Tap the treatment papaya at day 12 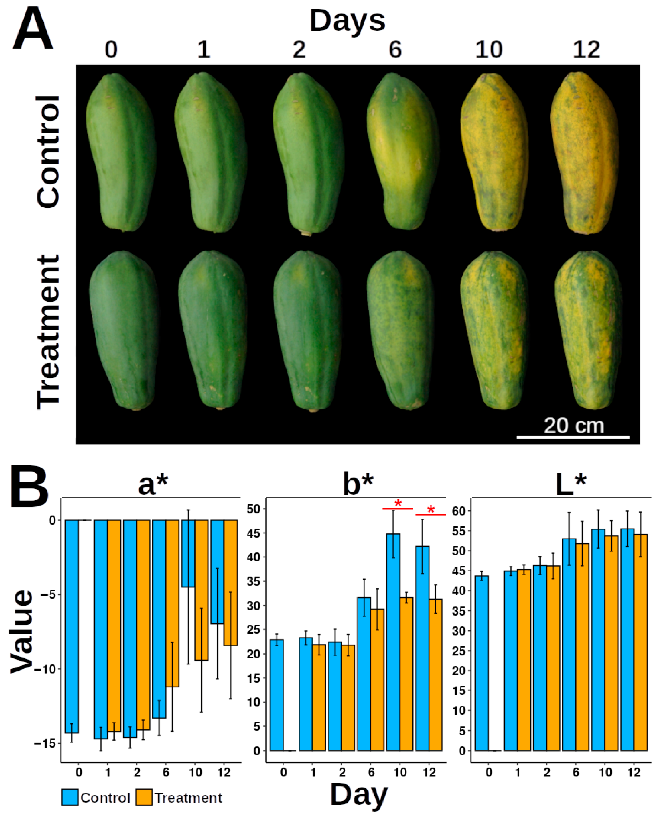(588, 331)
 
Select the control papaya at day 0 (121, 152)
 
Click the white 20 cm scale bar (573, 437)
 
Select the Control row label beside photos (49, 152)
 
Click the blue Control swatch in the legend (70, 798)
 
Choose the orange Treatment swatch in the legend (144, 798)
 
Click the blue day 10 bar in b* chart (393, 643)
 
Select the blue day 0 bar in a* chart (72, 627)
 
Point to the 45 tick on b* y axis (253, 533)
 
